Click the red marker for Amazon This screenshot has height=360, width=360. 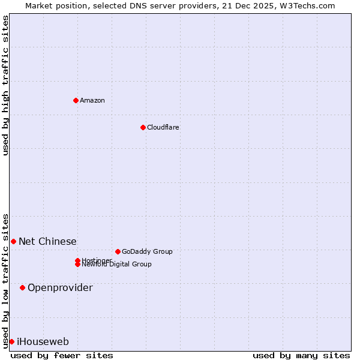click(x=76, y=100)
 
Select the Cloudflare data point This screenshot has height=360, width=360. click(x=143, y=127)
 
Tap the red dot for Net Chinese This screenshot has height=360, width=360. click(x=13, y=241)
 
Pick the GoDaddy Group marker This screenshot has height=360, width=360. click(x=118, y=251)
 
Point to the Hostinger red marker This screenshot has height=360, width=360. click(x=77, y=260)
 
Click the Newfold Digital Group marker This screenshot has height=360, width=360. click(x=78, y=265)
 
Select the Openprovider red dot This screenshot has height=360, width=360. click(x=22, y=287)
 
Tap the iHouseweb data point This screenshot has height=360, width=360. click(x=11, y=341)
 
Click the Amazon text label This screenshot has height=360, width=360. click(x=92, y=100)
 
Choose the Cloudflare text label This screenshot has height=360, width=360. click(x=163, y=127)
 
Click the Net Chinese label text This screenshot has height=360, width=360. click(x=47, y=241)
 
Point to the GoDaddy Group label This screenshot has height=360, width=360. click(x=147, y=251)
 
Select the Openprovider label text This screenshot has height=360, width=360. click(x=60, y=287)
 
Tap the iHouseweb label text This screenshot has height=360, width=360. click(x=43, y=341)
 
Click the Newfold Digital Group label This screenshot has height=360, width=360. click(x=116, y=265)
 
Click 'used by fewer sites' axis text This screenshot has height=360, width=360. click(x=62, y=355)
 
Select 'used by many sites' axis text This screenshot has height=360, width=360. click(x=301, y=355)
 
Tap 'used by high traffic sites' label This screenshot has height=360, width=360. click(x=5, y=85)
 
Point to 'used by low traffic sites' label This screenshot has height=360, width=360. click(x=5, y=280)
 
